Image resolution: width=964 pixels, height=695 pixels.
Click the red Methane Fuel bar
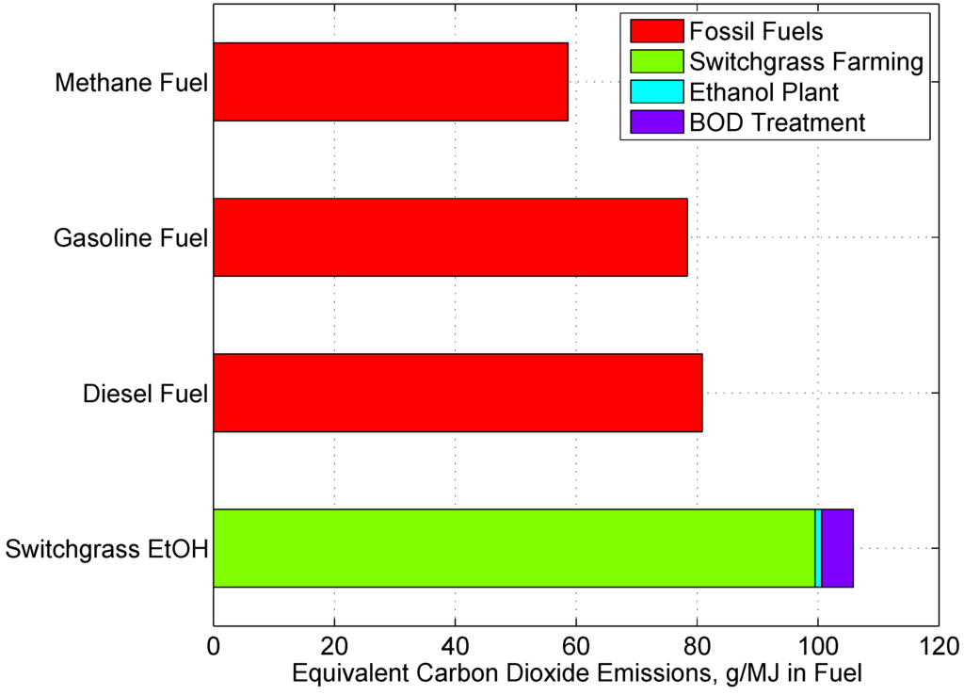pyautogui.click(x=391, y=82)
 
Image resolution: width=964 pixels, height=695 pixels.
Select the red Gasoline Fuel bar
pyautogui.click(x=450, y=237)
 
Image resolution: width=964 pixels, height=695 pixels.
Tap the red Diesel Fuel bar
pyautogui.click(x=458, y=393)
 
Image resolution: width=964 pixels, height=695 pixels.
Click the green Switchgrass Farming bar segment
pyautogui.click(x=514, y=548)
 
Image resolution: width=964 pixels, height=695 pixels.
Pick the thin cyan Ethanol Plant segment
pyautogui.click(x=818, y=548)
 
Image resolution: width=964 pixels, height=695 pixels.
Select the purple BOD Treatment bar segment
pyautogui.click(x=837, y=548)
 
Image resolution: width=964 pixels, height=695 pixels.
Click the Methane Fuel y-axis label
pyautogui.click(x=131, y=83)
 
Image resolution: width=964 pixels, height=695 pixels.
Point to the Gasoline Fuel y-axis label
pyautogui.click(x=130, y=237)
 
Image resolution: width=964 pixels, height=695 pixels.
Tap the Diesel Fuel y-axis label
pyautogui.click(x=143, y=393)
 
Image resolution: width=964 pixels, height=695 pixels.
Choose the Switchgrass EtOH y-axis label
pyautogui.click(x=106, y=549)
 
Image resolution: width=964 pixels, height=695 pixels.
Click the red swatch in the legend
pyautogui.click(x=650, y=32)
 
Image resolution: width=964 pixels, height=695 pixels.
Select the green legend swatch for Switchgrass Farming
pyautogui.click(x=650, y=62)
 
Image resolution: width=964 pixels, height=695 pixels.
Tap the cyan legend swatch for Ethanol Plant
pyautogui.click(x=650, y=92)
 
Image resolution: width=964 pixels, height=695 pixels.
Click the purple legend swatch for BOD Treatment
pyautogui.click(x=650, y=122)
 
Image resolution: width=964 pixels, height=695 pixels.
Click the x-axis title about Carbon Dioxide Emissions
pyautogui.click(x=576, y=674)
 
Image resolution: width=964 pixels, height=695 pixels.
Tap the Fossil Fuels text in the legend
pyautogui.click(x=756, y=32)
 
